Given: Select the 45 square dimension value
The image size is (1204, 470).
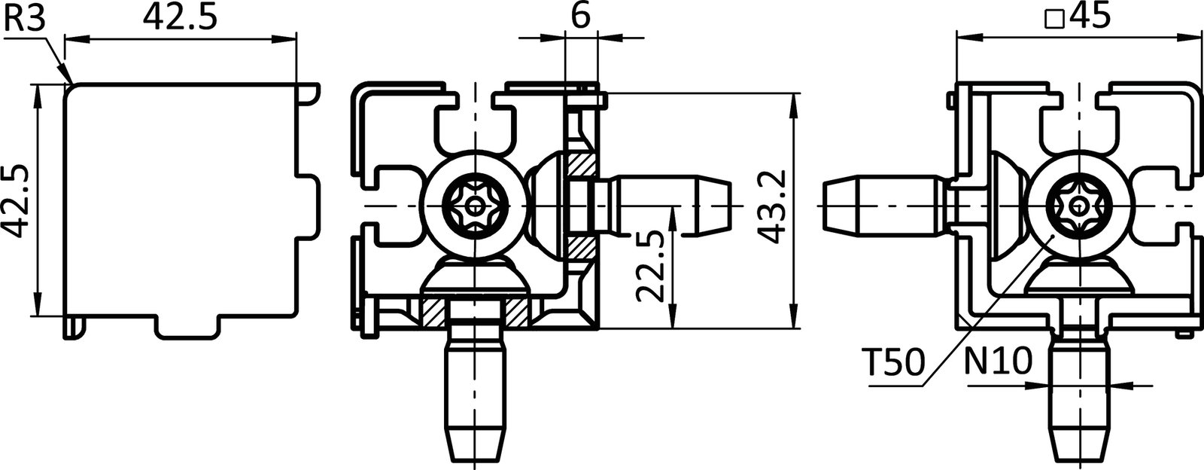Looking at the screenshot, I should (1088, 17).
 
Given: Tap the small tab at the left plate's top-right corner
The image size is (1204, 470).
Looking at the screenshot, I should (308, 93).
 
